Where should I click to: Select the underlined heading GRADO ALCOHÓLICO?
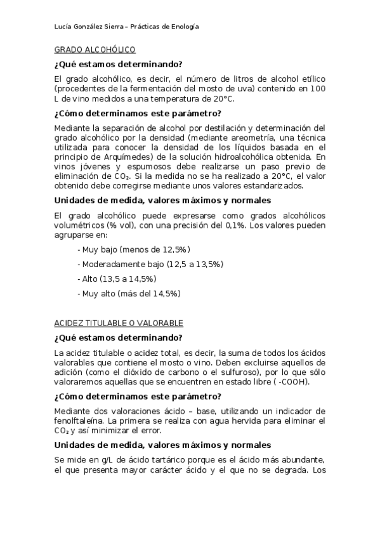(95, 49)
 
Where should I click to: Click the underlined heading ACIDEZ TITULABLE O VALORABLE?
(119, 323)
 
